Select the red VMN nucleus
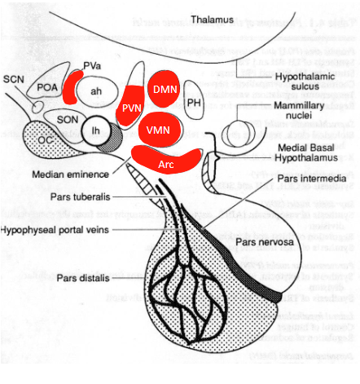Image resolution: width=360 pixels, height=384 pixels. [163, 128]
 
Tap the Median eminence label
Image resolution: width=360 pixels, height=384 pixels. [68, 174]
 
